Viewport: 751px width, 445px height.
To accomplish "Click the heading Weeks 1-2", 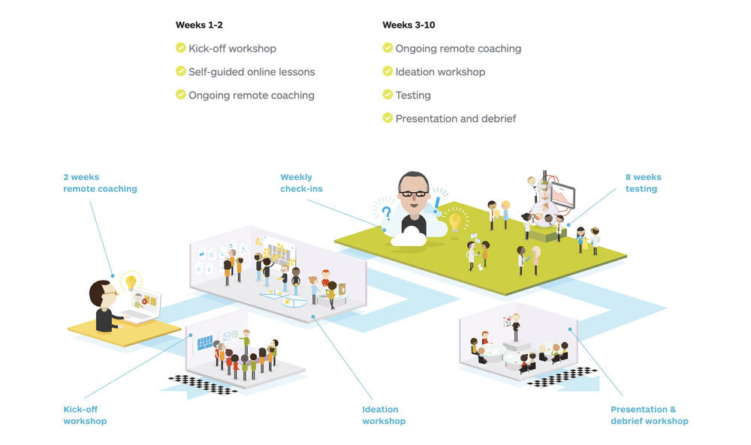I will click(x=199, y=26).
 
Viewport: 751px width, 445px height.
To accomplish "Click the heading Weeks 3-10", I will click(x=409, y=26).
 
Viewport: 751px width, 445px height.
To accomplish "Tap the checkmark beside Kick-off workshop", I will click(x=181, y=48).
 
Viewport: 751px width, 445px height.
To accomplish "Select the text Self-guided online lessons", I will click(x=252, y=72).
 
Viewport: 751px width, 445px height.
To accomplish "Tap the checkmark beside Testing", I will click(x=388, y=95).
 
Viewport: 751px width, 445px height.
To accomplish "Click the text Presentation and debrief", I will click(x=456, y=119).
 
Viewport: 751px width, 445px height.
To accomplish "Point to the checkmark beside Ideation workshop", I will click(x=388, y=71).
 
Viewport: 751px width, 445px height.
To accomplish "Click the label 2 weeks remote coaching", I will click(x=100, y=183).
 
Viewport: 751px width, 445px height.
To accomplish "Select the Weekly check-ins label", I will click(x=301, y=183).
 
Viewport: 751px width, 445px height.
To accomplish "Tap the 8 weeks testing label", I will click(x=643, y=183).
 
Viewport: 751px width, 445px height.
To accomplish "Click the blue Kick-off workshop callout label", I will click(x=85, y=415).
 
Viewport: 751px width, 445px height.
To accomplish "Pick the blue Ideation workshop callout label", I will click(x=384, y=415).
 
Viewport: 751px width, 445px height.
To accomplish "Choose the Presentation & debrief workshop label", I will click(x=649, y=415).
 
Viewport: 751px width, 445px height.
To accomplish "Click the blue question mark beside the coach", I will click(x=386, y=213).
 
